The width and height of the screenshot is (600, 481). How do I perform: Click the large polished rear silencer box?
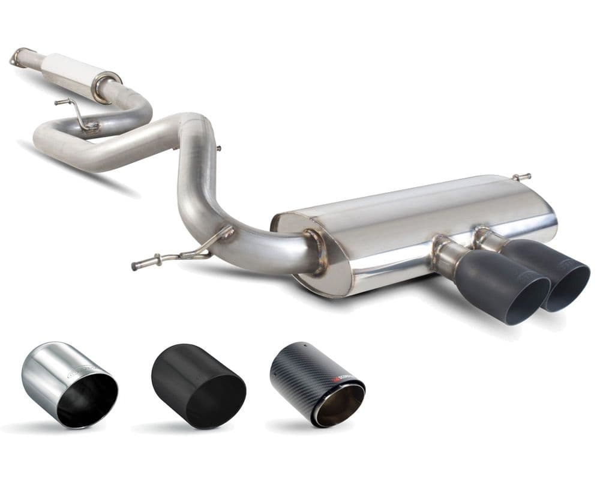[414, 228]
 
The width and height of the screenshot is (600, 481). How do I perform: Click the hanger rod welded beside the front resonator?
[75, 111]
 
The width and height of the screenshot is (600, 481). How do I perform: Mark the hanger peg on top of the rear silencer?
[521, 177]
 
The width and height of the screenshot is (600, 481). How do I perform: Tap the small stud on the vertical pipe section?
[217, 148]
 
